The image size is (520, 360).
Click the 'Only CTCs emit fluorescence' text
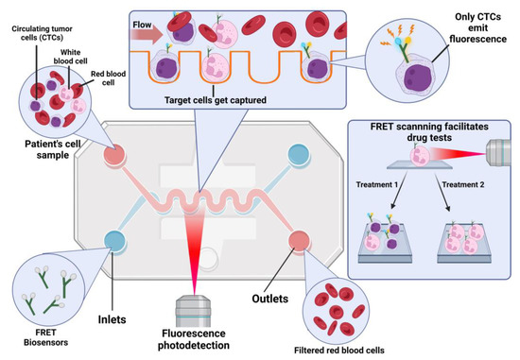pyautogui.click(x=482, y=26)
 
